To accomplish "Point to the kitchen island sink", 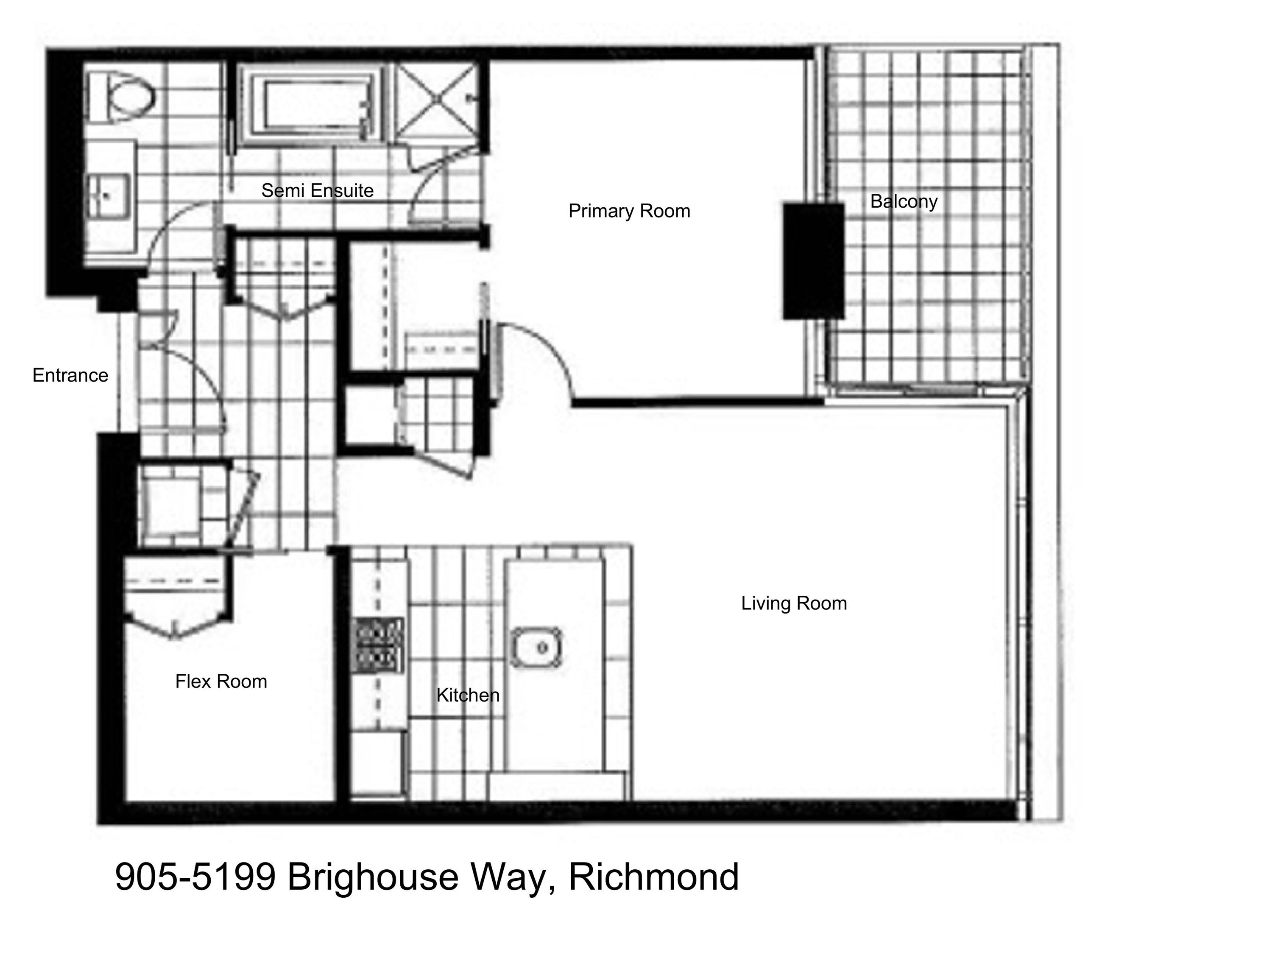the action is point(536,647).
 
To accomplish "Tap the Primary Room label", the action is point(629,211).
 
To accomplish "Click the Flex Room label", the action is point(221,681).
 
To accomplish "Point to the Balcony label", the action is point(904,201).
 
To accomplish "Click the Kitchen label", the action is point(468,695).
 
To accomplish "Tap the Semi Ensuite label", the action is point(317,190).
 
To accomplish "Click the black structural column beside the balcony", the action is point(814,260).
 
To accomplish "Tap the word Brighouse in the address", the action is point(373,877).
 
